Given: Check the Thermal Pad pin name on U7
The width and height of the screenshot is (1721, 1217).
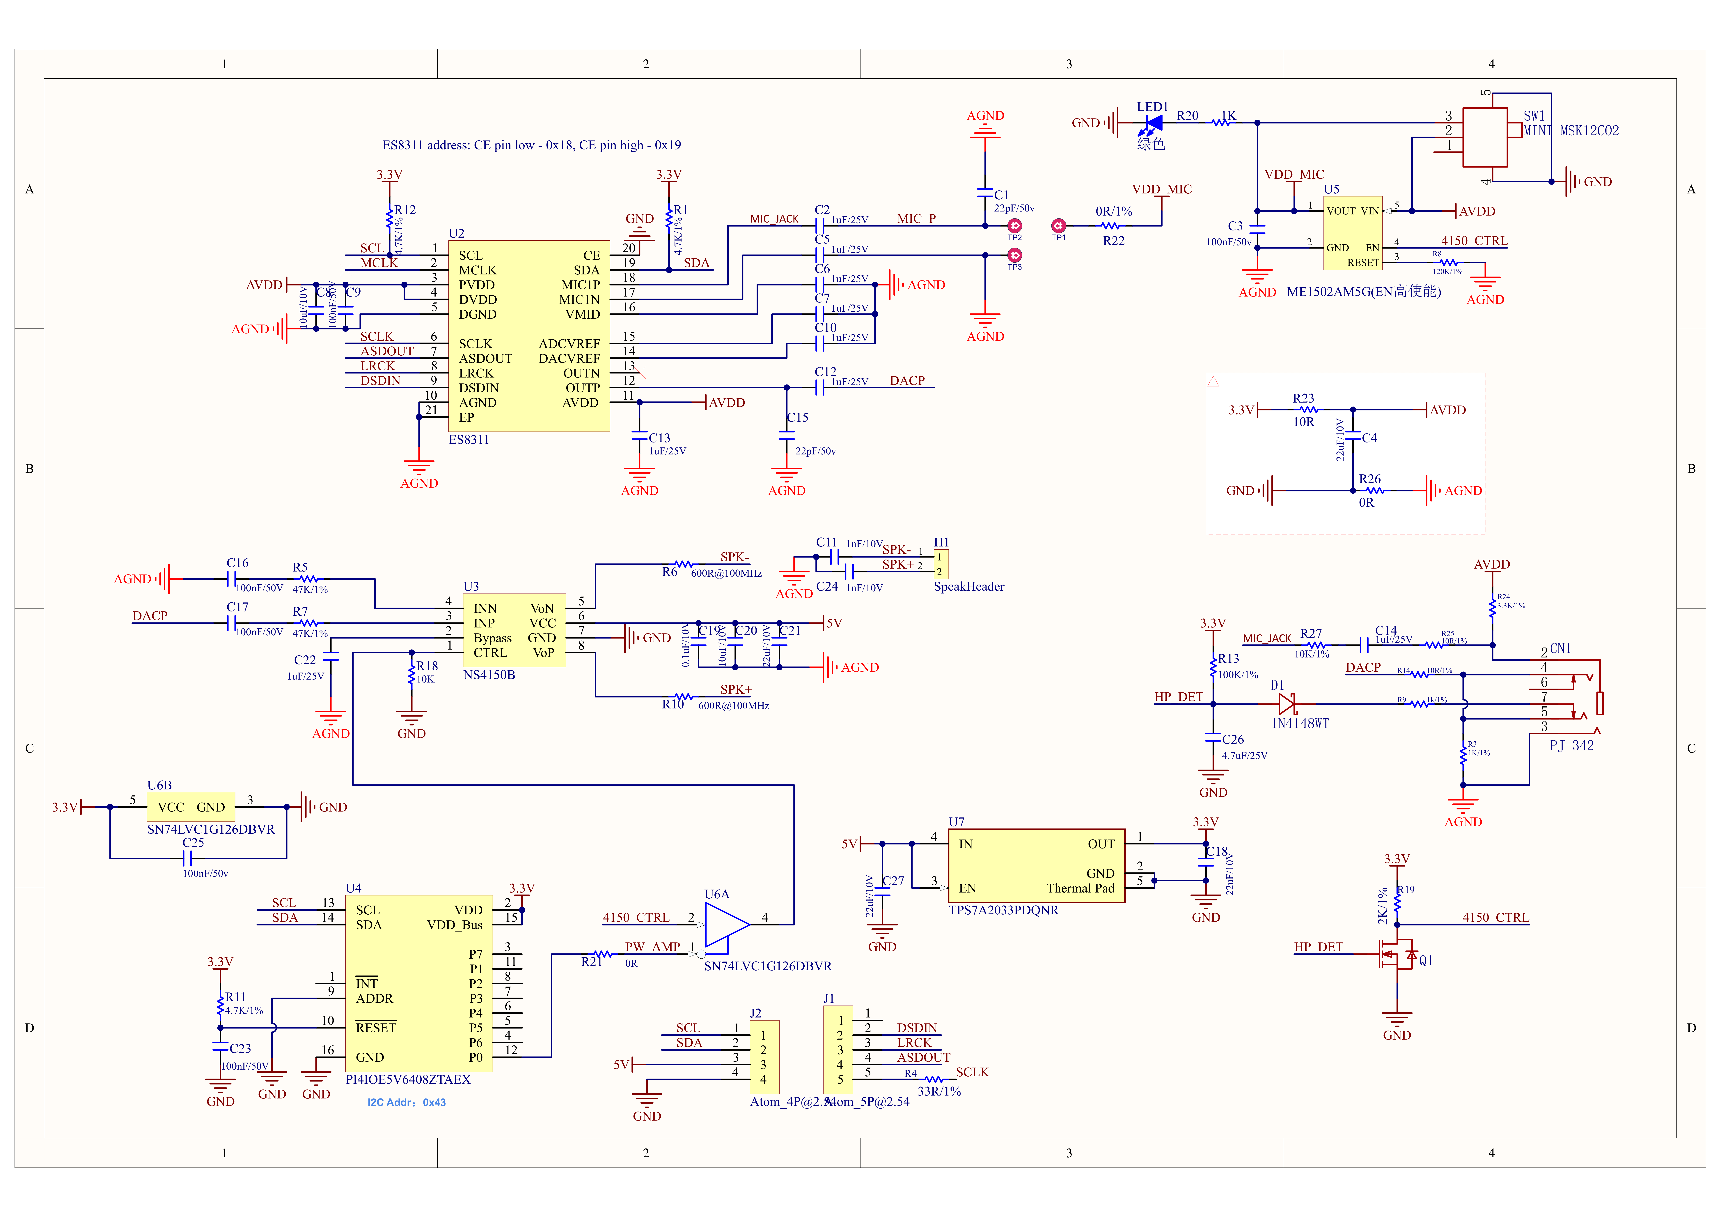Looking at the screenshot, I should click(x=1080, y=889).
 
